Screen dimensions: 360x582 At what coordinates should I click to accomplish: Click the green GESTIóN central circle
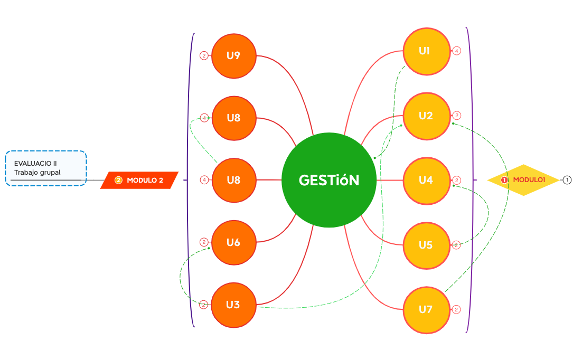click(328, 180)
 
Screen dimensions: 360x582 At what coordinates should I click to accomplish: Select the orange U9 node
click(233, 55)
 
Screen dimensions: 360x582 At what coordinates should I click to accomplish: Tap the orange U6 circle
click(233, 242)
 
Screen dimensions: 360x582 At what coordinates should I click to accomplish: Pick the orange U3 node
click(233, 305)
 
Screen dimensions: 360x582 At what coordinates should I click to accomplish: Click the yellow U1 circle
click(426, 51)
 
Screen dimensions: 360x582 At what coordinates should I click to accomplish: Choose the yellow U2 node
click(426, 116)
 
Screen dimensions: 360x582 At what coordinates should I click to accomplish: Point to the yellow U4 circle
click(426, 181)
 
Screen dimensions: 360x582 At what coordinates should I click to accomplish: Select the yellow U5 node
click(426, 245)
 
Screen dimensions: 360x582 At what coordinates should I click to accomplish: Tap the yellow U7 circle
click(426, 309)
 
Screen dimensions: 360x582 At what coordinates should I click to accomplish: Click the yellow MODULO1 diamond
click(523, 180)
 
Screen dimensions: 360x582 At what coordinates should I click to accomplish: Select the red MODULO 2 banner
click(139, 180)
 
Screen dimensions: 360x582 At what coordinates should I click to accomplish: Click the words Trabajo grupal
click(37, 173)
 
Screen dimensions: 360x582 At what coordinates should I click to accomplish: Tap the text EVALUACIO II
click(35, 163)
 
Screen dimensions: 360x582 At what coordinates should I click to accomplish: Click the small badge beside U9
click(204, 55)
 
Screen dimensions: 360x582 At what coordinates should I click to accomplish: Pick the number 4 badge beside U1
click(457, 51)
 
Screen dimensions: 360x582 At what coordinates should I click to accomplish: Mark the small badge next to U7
click(457, 309)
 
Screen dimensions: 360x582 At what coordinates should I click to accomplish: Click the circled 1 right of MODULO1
click(567, 180)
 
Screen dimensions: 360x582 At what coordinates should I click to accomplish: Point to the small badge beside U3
click(204, 305)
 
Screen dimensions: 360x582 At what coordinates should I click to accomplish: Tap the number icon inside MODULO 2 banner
click(118, 180)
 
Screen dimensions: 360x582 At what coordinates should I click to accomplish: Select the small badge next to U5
click(457, 245)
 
